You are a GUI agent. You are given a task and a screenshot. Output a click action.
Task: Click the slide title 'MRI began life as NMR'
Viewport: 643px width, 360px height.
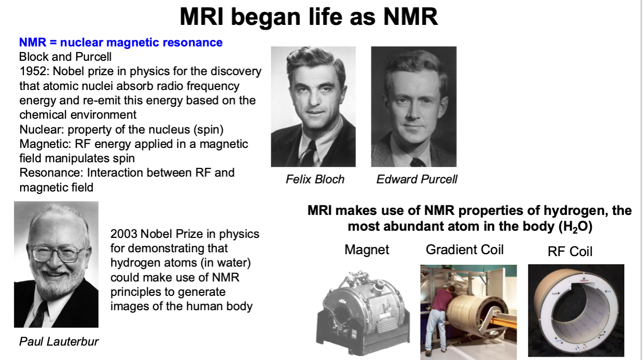[x=309, y=17]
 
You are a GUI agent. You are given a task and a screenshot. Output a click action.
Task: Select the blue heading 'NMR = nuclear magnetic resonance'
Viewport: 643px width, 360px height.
[x=121, y=43]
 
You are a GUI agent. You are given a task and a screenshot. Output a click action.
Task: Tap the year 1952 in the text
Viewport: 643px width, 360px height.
[x=34, y=71]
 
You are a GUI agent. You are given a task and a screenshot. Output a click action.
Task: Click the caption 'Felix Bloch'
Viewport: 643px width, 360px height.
[x=315, y=179]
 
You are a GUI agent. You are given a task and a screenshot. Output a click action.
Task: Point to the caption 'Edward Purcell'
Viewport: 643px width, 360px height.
[x=417, y=179]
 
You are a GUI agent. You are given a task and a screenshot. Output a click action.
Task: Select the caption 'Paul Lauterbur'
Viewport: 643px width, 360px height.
[x=59, y=342]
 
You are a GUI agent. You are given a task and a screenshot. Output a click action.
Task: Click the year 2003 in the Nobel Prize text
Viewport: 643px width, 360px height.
[x=124, y=234]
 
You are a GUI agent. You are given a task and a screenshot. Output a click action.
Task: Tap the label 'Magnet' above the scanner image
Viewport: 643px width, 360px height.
[x=367, y=249]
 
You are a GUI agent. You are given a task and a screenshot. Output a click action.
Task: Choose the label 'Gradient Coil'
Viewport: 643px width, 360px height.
[x=465, y=249]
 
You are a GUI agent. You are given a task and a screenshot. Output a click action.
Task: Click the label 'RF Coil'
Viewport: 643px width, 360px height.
[x=570, y=251]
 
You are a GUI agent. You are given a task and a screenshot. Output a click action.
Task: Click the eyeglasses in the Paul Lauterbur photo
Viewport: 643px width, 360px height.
[x=56, y=253]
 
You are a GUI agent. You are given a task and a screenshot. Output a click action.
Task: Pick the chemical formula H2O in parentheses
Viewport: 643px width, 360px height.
[x=576, y=227]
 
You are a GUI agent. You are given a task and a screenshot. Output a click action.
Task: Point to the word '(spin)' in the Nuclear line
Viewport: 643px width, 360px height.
[x=209, y=130]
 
